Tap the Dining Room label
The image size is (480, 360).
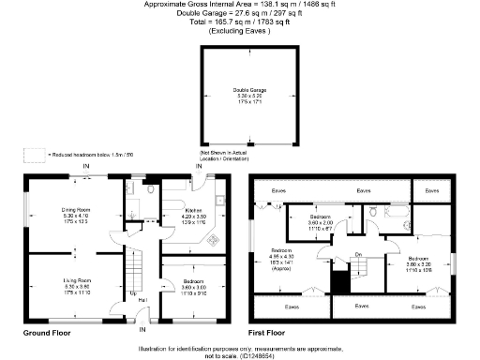pos(75,214)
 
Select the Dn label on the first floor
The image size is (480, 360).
pos(358,255)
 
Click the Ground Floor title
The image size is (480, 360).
pos(49,332)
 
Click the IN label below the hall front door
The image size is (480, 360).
pos(142,329)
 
